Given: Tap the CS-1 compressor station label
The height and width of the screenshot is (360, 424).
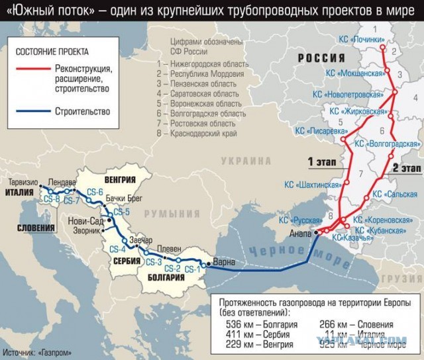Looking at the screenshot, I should click(193, 269).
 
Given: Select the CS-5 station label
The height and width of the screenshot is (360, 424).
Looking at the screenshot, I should click(122, 212).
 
